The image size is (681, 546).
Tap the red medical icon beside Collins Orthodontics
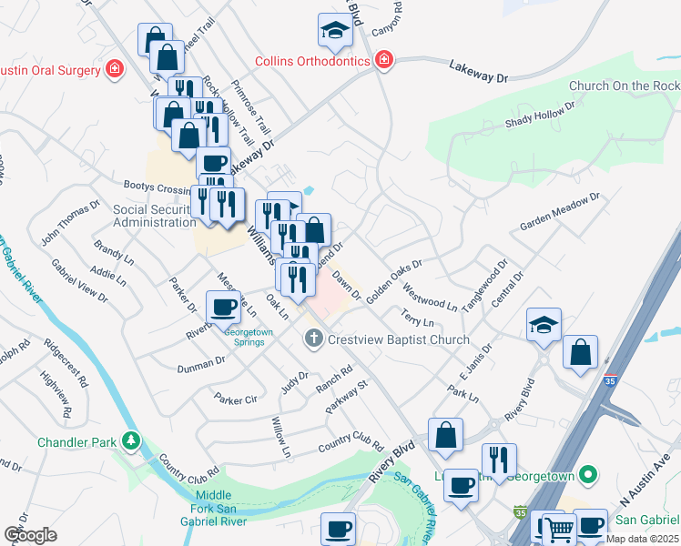(384, 61)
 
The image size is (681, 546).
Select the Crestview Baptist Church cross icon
(313, 339)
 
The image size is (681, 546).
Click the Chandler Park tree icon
(132, 442)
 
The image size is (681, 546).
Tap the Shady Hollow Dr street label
(541, 115)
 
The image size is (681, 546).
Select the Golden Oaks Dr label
(395, 278)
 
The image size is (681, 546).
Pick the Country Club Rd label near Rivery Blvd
(351, 447)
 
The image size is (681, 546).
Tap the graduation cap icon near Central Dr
(544, 326)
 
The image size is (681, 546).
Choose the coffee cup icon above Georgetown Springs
(224, 308)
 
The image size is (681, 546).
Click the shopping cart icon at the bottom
(559, 529)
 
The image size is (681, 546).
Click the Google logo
(30, 534)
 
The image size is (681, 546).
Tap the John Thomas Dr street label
(69, 224)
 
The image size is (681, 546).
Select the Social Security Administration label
(155, 216)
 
